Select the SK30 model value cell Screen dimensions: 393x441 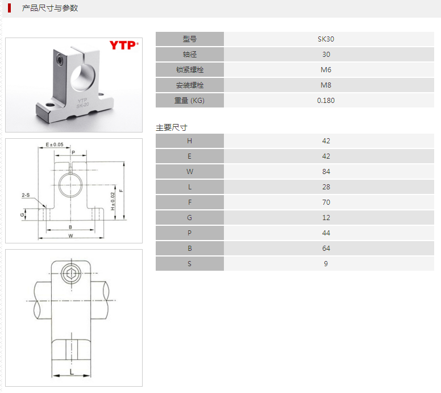[x=326, y=39]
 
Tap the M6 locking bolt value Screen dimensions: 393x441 [x=326, y=70]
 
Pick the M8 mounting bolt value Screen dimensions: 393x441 [x=326, y=85]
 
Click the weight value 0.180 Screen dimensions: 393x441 [x=326, y=101]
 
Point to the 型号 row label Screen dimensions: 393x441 [x=190, y=39]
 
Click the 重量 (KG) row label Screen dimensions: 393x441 [x=190, y=101]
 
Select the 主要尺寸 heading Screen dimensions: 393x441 [x=172, y=127]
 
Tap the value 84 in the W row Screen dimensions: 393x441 [x=326, y=172]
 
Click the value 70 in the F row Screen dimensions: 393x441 [x=326, y=202]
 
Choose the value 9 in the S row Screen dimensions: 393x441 [x=326, y=264]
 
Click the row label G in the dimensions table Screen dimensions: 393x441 [x=190, y=218]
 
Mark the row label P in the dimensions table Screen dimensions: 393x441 [x=190, y=233]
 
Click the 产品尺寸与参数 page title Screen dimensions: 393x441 [x=50, y=9]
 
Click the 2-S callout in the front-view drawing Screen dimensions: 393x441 [x=26, y=195]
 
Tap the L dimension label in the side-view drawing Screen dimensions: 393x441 [x=71, y=371]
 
